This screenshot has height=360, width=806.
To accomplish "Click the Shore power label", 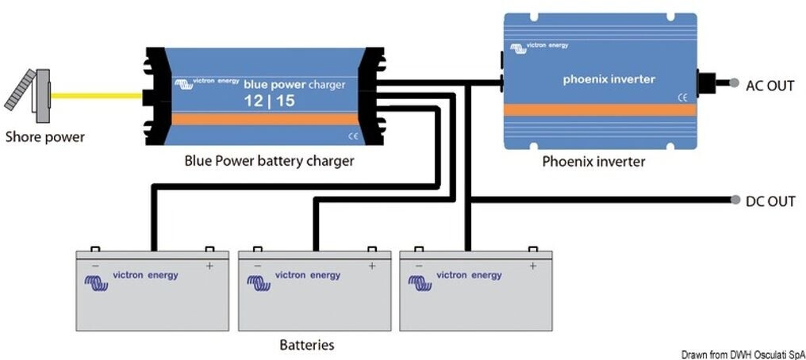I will pyautogui.click(x=44, y=136).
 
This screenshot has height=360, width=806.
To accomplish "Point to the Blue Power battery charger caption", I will pyautogui.click(x=269, y=161).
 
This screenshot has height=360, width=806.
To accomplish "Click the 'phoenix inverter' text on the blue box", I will pyautogui.click(x=608, y=79).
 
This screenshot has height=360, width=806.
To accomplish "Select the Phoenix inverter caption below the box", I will pyautogui.click(x=593, y=162).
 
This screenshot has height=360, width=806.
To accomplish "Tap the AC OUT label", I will pyautogui.click(x=770, y=86).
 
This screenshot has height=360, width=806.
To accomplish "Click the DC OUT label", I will pyautogui.click(x=770, y=201).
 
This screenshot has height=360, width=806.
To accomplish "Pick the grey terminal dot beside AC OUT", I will pyautogui.click(x=735, y=82).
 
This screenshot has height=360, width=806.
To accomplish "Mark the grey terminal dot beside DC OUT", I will pyautogui.click(x=734, y=200).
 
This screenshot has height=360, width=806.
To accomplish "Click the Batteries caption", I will pyautogui.click(x=307, y=345).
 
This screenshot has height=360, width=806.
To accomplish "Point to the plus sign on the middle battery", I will pyautogui.click(x=371, y=266).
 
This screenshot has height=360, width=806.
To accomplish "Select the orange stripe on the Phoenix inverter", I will pyautogui.click(x=600, y=110).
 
